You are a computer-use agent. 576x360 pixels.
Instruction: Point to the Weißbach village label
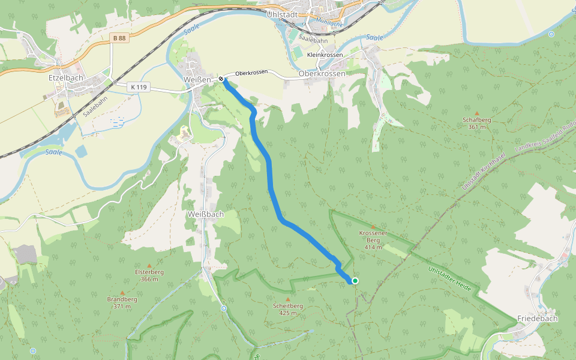click(205, 214)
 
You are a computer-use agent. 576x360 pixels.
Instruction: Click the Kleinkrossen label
click(325, 55)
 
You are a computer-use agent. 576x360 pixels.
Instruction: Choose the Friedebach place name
click(537, 319)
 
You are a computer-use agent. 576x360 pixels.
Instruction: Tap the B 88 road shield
click(119, 38)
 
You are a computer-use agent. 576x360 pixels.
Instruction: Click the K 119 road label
click(138, 87)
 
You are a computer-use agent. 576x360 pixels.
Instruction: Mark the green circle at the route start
click(355, 281)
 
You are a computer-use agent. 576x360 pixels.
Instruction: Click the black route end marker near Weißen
click(221, 79)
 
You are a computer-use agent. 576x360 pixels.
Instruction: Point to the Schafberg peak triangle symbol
click(477, 113)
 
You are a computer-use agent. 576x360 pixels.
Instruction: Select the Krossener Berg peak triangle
click(373, 226)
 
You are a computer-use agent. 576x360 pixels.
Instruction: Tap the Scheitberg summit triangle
click(287, 299)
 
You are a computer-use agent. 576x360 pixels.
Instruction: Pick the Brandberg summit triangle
click(122, 292)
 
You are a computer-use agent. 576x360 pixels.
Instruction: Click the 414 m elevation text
click(373, 247)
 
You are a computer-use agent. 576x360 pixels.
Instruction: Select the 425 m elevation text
click(287, 313)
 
